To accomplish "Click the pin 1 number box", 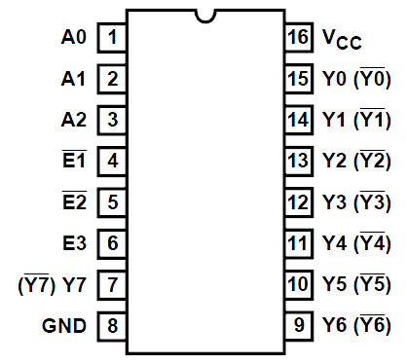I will point(113,38).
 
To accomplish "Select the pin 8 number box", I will point(113,325).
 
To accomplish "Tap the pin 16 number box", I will point(298,38).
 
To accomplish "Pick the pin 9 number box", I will point(298,325).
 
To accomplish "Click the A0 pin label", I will point(74,38).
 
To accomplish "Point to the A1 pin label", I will point(74,79).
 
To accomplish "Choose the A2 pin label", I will point(74,120).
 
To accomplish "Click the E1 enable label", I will point(75,162).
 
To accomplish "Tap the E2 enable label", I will point(75,202).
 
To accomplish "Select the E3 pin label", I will point(75,243).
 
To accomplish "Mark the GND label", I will point(65,325).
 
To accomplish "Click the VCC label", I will point(342,40).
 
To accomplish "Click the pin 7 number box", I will point(113,284).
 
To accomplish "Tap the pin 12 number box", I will point(298,202).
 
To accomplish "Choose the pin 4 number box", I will point(113,162).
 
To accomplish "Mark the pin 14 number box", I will point(298,120).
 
